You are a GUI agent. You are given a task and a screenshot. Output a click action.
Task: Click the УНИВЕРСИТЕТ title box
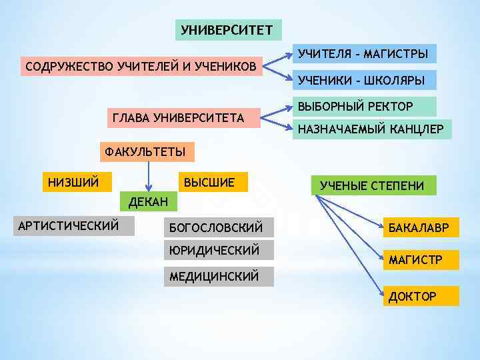coord(227,30)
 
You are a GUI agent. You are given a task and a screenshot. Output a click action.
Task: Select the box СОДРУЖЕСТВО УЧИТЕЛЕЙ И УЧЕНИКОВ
coord(141,67)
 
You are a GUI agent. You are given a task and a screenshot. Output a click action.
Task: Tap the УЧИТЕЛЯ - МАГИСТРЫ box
coord(363,53)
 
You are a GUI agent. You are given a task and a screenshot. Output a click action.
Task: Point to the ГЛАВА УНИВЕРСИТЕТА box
coord(178,119)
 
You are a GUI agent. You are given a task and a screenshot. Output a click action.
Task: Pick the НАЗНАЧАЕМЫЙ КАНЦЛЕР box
coord(371,129)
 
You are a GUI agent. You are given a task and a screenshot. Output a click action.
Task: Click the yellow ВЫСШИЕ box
coord(209,182)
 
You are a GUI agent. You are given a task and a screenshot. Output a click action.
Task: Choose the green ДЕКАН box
coord(148,201)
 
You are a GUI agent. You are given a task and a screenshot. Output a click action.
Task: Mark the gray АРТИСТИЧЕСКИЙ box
coord(73,226)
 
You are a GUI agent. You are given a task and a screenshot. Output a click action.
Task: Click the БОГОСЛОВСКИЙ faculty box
coord(218,228)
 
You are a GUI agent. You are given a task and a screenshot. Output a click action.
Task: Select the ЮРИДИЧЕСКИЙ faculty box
coord(218,251)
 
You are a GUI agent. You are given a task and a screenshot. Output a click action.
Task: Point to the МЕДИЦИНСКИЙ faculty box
coord(218,276)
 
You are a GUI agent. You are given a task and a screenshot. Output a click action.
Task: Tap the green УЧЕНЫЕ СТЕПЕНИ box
coord(371,185)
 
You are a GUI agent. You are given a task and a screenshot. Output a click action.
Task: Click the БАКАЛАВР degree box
coord(420,229)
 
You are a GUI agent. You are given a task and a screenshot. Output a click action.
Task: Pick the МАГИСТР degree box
coord(420,259)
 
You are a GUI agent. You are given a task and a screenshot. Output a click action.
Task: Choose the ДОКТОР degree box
coord(420,296)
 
